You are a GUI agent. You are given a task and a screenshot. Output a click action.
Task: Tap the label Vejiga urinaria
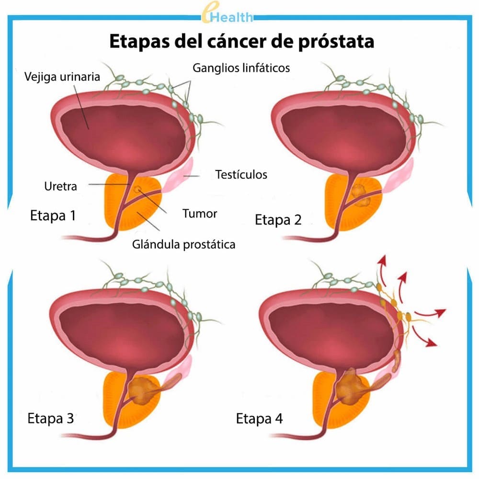click(62, 77)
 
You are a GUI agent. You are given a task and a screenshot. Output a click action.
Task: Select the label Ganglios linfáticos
click(241, 68)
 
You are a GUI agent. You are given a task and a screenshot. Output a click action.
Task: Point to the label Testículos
click(241, 174)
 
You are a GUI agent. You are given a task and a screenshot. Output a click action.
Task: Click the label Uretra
click(60, 185)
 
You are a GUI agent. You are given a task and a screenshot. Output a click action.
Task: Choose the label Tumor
click(199, 213)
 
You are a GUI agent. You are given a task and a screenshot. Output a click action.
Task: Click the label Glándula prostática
click(183, 244)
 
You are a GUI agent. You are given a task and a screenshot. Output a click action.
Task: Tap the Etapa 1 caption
click(53, 215)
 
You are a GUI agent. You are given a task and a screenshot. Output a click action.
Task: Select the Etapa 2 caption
click(278, 220)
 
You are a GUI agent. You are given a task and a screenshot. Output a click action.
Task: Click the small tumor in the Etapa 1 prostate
click(137, 190)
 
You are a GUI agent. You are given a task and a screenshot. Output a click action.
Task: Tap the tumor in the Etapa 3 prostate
click(140, 387)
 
